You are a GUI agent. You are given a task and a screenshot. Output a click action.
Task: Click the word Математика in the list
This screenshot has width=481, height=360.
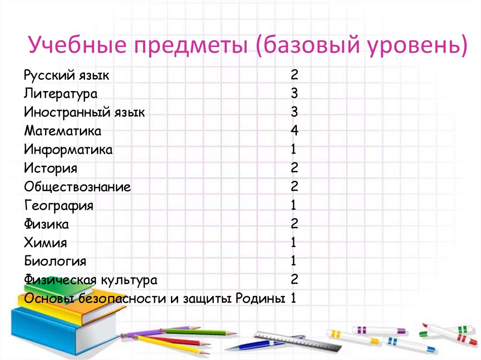tap(62, 131)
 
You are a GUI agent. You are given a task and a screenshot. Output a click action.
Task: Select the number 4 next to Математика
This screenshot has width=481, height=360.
tap(295, 130)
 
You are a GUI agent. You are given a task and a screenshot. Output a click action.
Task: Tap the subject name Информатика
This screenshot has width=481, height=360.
tap(69, 150)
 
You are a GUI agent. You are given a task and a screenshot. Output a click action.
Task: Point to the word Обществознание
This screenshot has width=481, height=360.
tap(78, 187)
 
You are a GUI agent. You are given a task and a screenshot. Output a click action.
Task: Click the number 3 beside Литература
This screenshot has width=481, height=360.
tap(295, 93)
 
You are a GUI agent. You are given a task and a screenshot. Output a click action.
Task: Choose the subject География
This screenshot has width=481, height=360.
tap(59, 206)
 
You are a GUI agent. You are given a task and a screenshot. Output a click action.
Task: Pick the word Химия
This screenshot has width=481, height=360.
tap(46, 243)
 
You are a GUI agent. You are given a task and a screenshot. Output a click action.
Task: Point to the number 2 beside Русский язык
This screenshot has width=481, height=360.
tap(295, 75)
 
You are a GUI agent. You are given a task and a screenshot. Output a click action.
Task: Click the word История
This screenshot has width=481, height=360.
tap(51, 168)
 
